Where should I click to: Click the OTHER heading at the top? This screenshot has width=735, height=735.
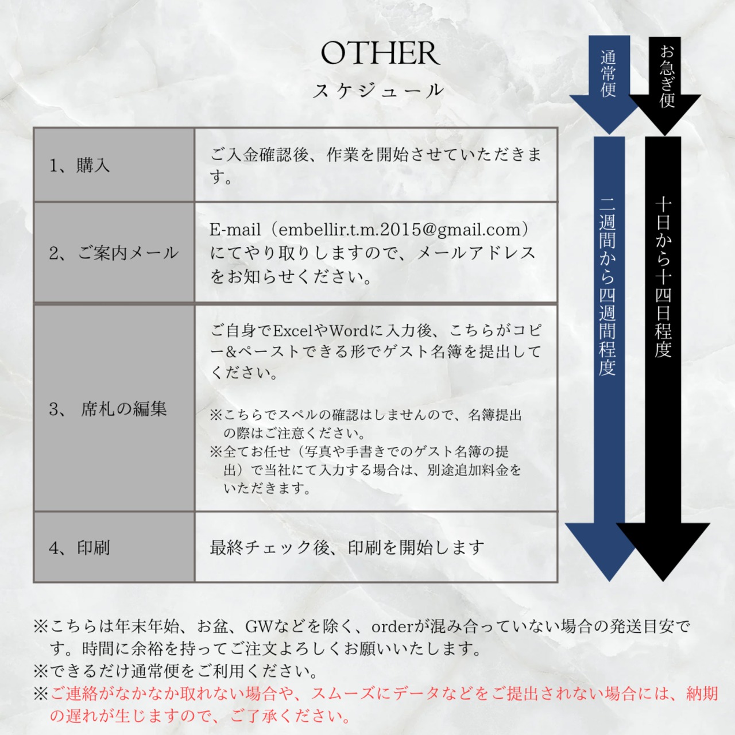(380, 53)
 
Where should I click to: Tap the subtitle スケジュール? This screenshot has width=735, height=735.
(378, 91)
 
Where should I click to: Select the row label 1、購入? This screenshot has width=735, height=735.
(79, 165)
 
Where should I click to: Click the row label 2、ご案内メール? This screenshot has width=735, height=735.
(114, 253)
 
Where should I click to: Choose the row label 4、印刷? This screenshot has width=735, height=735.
(79, 548)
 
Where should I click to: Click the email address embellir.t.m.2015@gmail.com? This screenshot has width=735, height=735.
(400, 230)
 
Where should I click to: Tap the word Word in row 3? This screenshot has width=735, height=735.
(349, 331)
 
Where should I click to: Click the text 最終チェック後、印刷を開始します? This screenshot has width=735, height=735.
(347, 548)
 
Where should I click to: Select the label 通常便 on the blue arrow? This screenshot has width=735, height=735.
(608, 73)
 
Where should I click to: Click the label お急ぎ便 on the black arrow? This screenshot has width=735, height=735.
(667, 76)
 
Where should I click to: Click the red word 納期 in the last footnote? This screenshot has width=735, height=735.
(702, 694)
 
